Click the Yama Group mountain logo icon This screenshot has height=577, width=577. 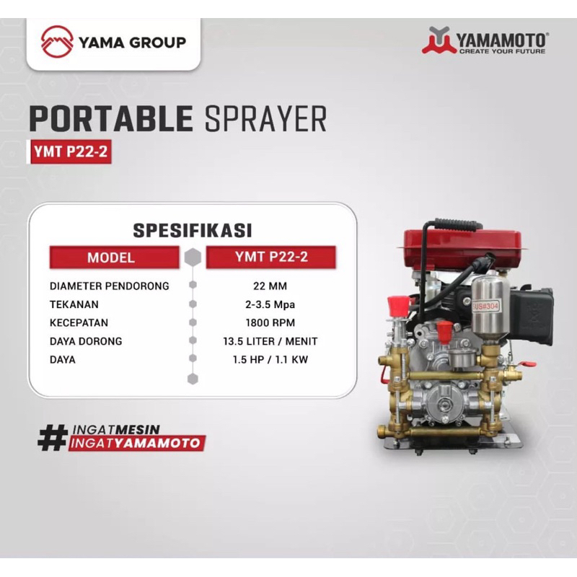tap(57, 41)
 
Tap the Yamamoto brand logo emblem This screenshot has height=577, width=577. tap(439, 40)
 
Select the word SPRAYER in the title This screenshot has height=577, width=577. tap(265, 119)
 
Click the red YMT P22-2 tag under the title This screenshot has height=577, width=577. tap(71, 151)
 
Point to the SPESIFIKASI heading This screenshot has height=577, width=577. tap(192, 230)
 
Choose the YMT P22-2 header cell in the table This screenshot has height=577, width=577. tap(271, 257)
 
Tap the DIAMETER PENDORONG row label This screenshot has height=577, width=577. tap(110, 286)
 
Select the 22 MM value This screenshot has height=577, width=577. tap(271, 286)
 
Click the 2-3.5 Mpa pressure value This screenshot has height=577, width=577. tap(271, 304)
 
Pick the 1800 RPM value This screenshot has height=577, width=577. tap(271, 322)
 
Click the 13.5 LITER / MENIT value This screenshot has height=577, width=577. tap(271, 341)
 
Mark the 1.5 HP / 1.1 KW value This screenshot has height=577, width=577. tap(271, 359)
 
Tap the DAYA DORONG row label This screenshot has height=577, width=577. tap(87, 341)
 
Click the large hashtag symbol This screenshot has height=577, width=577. tap(52, 436)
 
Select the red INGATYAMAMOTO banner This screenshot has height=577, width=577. tap(136, 444)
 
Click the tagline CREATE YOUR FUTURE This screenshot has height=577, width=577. tap(503, 51)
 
